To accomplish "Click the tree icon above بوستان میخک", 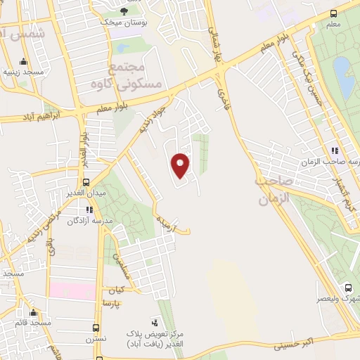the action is click(x=124, y=11).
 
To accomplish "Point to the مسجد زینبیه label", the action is click(x=21, y=72).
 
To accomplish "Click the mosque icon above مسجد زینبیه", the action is click(x=23, y=60).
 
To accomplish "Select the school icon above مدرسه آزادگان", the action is click(x=89, y=210).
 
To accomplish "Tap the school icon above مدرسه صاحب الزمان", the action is click(x=335, y=150).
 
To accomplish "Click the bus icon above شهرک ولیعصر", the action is click(x=348, y=287).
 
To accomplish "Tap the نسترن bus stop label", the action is click(x=96, y=339).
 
